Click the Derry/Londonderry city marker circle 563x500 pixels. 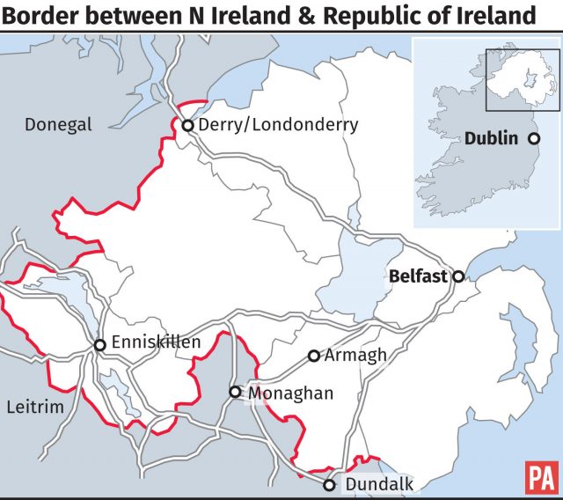point(187,126)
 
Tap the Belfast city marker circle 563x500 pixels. point(458,276)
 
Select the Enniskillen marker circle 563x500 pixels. point(99,344)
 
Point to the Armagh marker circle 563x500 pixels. point(313,357)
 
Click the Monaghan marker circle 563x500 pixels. point(235,393)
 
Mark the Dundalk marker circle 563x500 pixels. point(329,485)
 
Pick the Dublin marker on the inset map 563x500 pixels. point(533,139)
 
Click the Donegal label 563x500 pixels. point(58,125)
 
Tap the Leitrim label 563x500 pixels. point(35,408)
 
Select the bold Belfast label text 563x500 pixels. point(418,276)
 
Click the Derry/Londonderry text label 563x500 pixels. point(278,125)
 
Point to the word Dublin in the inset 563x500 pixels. point(493,139)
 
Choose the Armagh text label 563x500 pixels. point(355,356)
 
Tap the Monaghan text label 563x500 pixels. point(290,393)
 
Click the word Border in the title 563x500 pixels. point(39,16)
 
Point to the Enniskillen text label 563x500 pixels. point(157,343)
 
